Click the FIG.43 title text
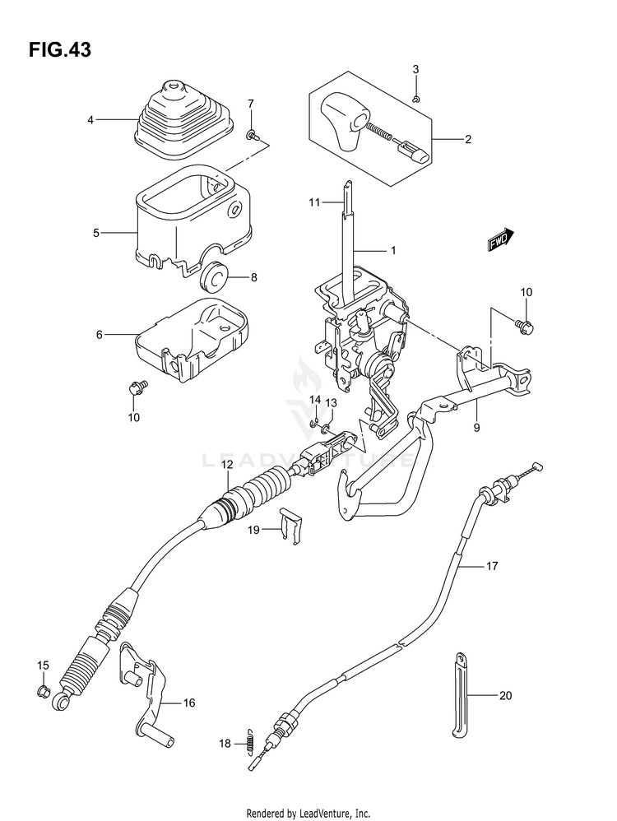[60, 49]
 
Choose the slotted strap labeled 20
[459, 693]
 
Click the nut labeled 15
[44, 691]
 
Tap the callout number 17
[492, 565]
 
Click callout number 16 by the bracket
[188, 703]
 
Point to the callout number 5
[96, 233]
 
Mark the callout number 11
[313, 202]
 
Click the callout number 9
[476, 428]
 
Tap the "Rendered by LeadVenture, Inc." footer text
[308, 813]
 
